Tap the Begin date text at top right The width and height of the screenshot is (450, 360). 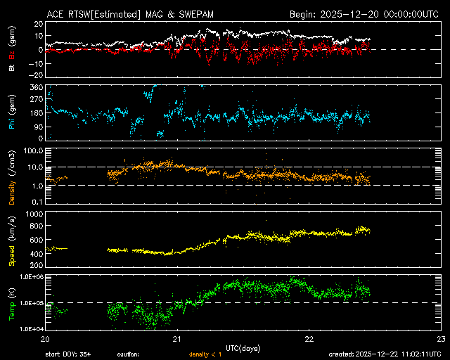pos(365,13)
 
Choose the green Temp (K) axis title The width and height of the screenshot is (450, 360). pos(12,301)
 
